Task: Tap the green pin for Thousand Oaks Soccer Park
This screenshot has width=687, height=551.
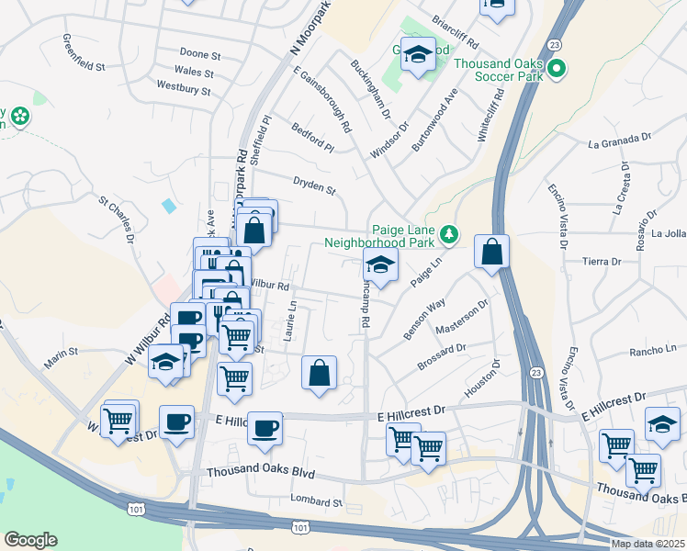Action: (556, 68)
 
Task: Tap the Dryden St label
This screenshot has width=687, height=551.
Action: (315, 186)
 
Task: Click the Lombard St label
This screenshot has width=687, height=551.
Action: (317, 502)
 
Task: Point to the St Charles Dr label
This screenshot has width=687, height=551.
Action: (117, 218)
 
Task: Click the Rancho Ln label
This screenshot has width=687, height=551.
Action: (653, 350)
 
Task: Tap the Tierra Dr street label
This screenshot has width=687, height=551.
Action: (603, 262)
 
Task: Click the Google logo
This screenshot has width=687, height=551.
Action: (30, 539)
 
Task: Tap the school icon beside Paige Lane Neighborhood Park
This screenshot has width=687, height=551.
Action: (380, 265)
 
